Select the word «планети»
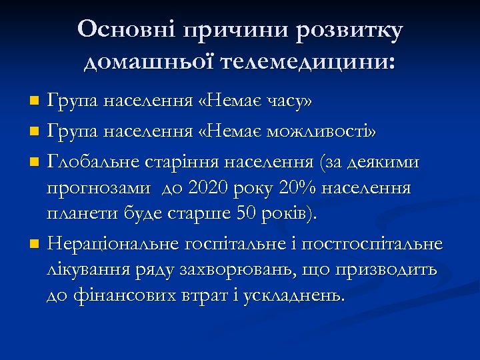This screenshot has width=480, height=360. coord(81,215)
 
